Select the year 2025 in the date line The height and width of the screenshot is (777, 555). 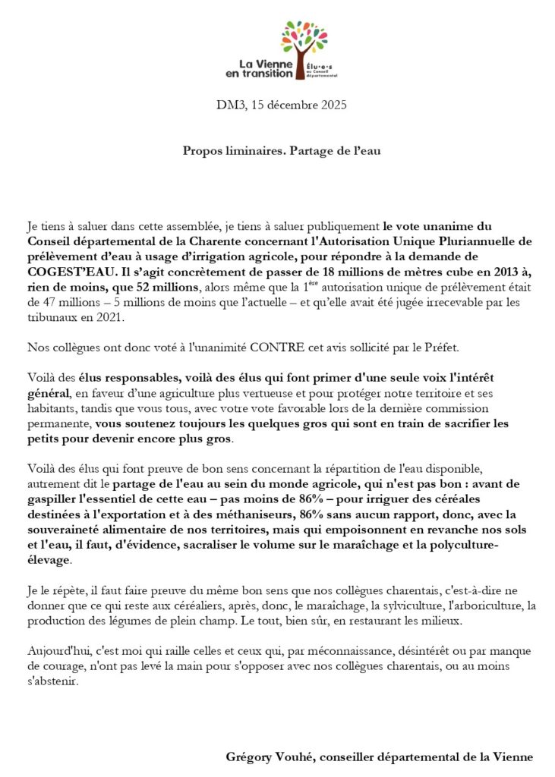332,105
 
